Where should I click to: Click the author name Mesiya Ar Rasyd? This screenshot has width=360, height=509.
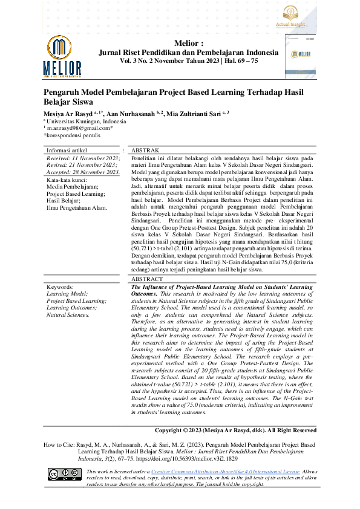(x=72, y=113)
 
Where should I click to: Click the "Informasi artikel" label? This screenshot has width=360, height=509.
(x=67, y=149)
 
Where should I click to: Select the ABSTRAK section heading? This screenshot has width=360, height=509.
(x=145, y=149)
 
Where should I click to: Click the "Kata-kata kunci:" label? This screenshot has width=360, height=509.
(x=67, y=180)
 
